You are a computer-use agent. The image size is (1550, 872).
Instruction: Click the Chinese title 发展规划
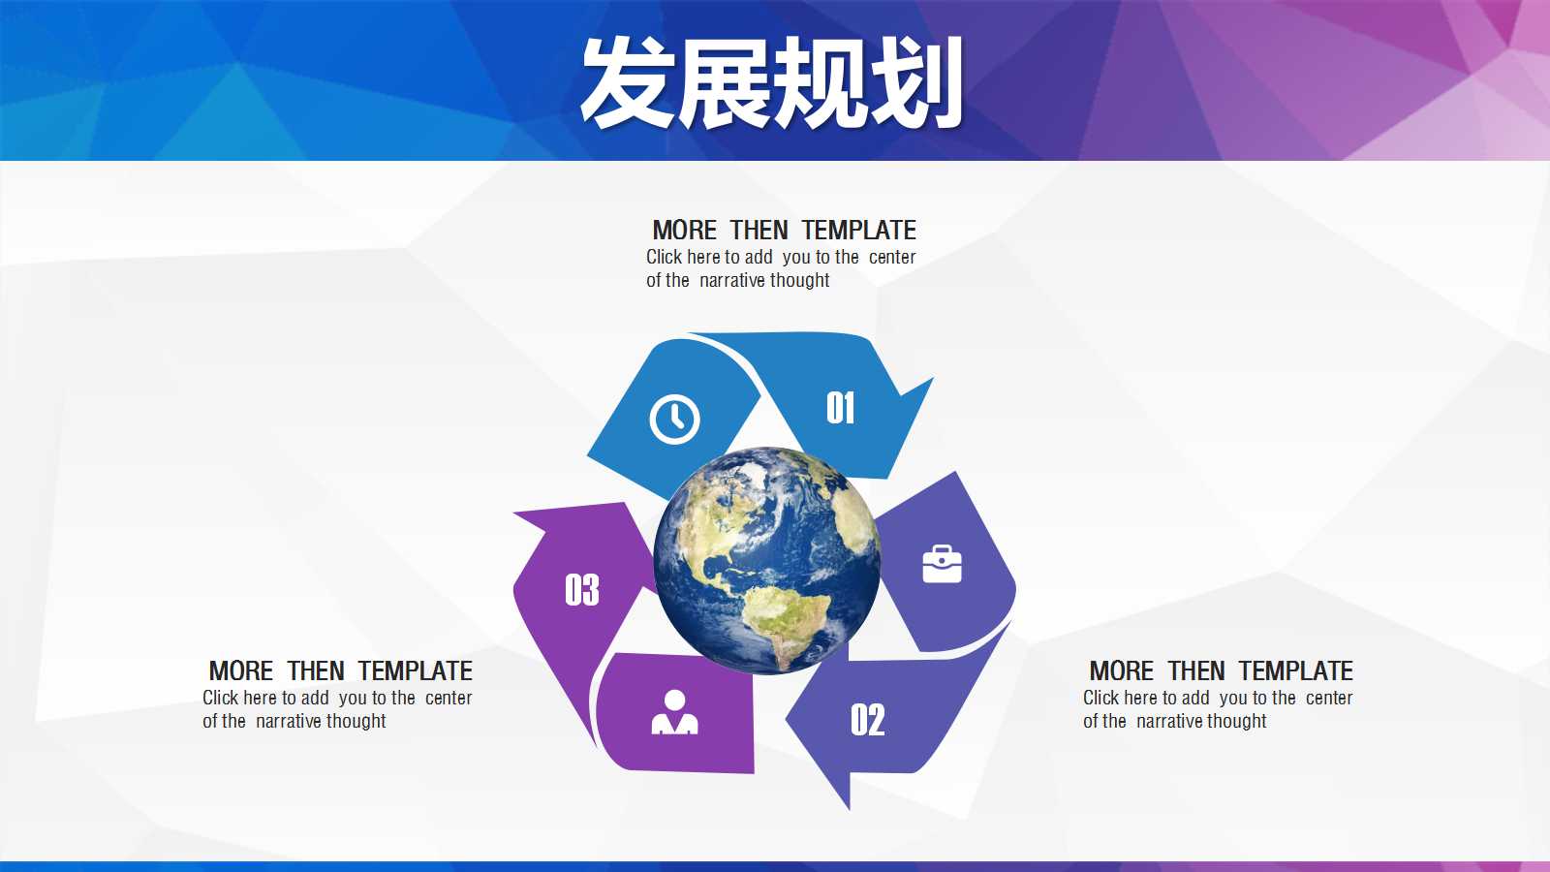(x=771, y=82)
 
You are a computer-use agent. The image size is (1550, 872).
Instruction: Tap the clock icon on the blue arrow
(x=674, y=420)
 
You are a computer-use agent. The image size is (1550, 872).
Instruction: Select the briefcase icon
(x=942, y=564)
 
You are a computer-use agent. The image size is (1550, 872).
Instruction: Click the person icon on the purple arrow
(x=674, y=711)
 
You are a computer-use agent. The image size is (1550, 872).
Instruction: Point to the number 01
(x=840, y=408)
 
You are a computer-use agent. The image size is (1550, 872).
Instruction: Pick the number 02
(x=868, y=720)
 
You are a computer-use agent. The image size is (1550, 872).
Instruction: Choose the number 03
(x=582, y=590)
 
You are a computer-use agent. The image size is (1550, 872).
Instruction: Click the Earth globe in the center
(x=766, y=560)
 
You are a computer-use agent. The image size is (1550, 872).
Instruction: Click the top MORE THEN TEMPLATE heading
(x=784, y=230)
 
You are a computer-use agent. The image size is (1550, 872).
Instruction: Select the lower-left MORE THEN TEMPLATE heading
(x=340, y=670)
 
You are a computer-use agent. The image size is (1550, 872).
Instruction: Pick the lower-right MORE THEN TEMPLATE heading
(x=1221, y=670)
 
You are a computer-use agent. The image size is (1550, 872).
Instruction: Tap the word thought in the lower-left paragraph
(x=356, y=721)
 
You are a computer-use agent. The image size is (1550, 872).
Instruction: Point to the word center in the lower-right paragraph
(x=1328, y=699)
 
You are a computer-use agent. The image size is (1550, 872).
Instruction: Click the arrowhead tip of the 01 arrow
(x=934, y=378)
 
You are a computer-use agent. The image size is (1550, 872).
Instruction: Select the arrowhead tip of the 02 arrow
(x=849, y=809)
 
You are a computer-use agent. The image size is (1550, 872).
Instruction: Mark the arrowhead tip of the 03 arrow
(x=513, y=513)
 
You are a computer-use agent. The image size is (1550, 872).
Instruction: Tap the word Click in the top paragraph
(x=664, y=257)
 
